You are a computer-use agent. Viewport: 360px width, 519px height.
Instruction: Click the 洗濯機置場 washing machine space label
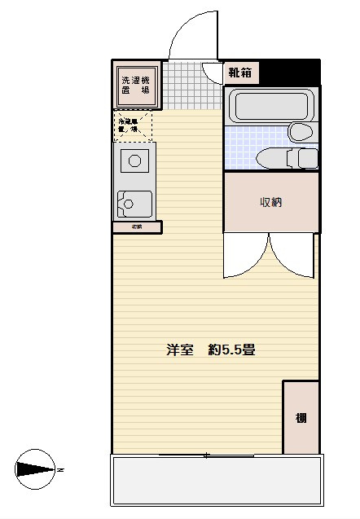coord(135,86)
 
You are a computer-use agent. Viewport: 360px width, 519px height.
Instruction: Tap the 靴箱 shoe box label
coord(239,73)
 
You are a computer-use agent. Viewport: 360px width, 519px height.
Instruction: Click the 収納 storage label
coord(270,202)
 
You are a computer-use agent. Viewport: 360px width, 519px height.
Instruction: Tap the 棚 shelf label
coord(301,419)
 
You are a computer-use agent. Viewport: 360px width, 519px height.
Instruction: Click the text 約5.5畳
coord(232,351)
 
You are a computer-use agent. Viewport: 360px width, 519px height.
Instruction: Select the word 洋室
coord(179,351)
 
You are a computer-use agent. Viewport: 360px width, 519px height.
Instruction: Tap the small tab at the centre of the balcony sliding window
coord(205,455)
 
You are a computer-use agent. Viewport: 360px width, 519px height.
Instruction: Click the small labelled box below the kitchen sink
coord(137,227)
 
